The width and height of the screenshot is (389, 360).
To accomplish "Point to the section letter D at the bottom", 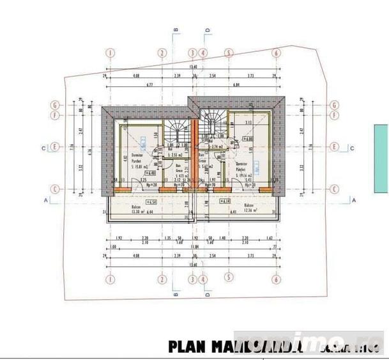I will coord(207,295).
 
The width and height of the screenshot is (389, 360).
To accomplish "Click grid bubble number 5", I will coord(228,279).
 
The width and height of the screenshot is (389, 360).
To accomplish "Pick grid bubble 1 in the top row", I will coord(111,53).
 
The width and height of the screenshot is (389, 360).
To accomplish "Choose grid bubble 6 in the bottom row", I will coord(276,279).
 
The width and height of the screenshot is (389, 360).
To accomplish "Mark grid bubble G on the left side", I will coord(56,106).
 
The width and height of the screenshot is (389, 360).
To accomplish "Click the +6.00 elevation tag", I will coord(246,138).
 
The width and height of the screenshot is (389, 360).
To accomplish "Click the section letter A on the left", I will coord(47,200).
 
